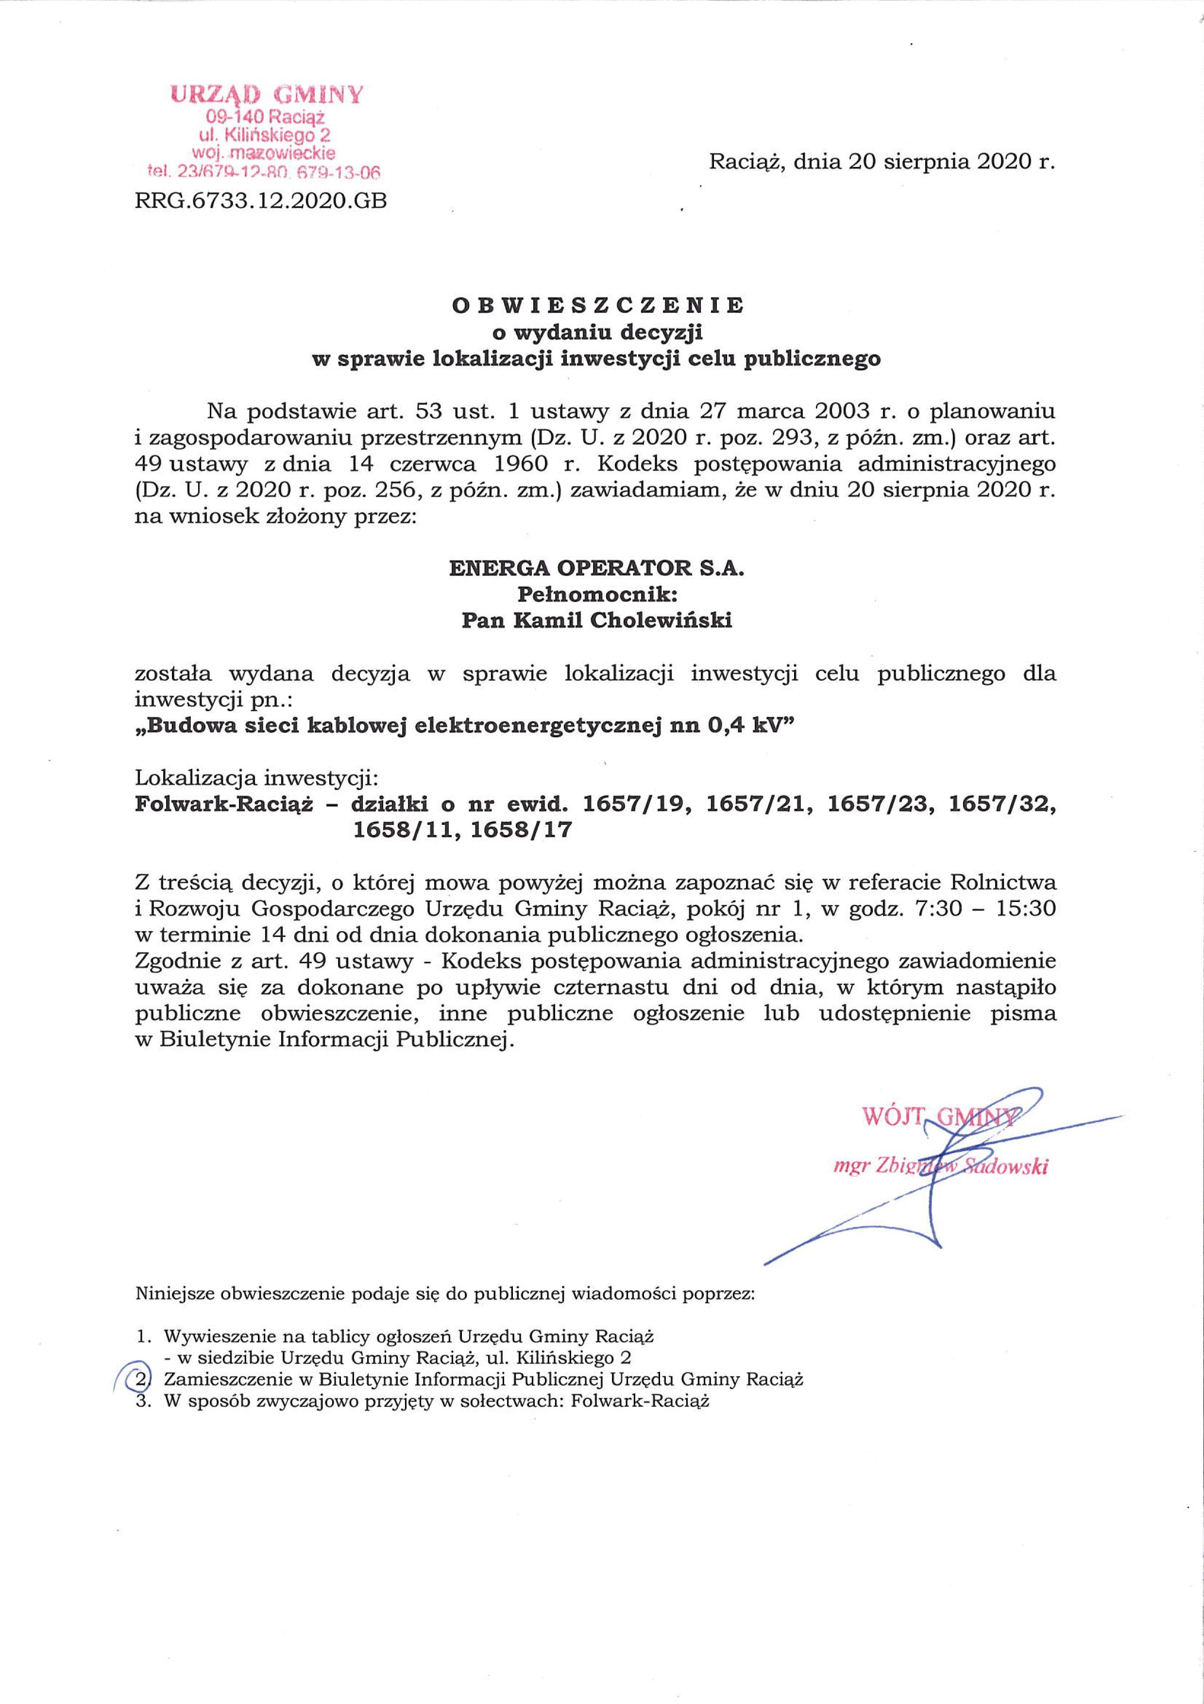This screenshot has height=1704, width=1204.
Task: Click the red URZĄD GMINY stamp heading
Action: [267, 94]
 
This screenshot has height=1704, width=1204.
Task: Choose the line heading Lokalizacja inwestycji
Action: [256, 779]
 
